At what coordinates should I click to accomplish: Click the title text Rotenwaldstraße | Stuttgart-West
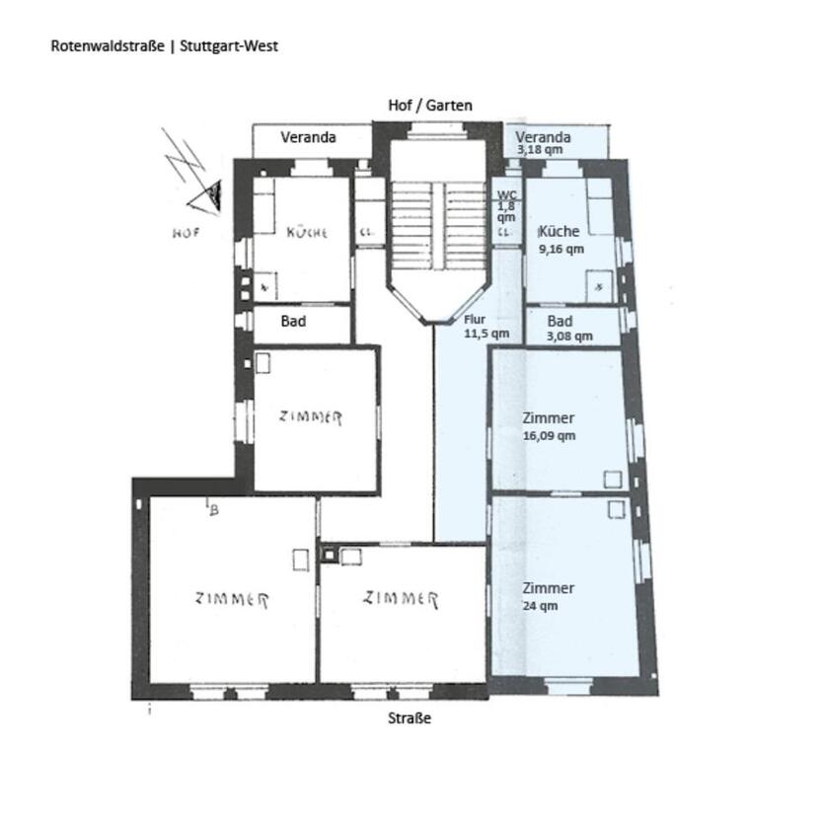tap(164, 46)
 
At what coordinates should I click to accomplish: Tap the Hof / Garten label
tap(430, 106)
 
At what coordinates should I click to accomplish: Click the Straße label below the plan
tap(410, 718)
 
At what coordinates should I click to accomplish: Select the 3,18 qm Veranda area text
tap(540, 150)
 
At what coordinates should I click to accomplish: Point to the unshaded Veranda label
tap(308, 137)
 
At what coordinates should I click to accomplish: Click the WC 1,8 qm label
tap(506, 206)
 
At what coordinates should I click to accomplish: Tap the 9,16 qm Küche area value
tap(561, 249)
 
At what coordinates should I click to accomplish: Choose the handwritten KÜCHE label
tap(307, 232)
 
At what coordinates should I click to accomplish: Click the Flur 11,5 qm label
tap(486, 326)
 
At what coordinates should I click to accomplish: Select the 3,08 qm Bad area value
tap(569, 336)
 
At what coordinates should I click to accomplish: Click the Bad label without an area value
tap(293, 322)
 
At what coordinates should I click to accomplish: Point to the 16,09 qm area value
tap(549, 435)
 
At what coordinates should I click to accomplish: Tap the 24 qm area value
tap(540, 606)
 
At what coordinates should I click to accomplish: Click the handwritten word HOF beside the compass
tap(186, 233)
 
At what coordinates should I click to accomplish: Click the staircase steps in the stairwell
tap(438, 226)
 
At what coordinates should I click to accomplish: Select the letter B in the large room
tap(213, 509)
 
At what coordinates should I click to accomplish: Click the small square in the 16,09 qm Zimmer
tap(613, 479)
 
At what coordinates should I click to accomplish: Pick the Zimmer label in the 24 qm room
tap(548, 588)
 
